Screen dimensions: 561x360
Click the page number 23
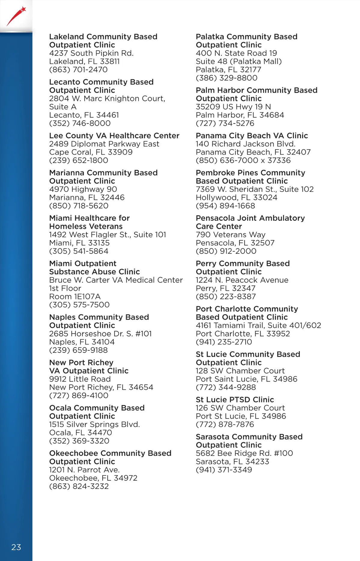[16, 547]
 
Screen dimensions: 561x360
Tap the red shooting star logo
[16, 16]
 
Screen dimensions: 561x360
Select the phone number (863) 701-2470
[78, 70]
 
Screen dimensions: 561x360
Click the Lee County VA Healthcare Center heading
[114, 136]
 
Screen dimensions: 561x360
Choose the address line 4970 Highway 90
[83, 189]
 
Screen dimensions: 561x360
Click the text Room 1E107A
[75, 296]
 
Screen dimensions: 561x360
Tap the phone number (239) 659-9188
[78, 350]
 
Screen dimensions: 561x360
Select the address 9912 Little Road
[80, 379]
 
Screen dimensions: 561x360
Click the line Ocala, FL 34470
[80, 433]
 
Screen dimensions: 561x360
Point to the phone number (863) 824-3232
[79, 486]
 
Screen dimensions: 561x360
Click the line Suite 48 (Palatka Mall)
[239, 61]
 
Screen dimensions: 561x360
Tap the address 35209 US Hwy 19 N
[233, 107]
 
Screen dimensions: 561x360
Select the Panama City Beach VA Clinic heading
[252, 136]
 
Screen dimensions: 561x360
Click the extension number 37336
[279, 160]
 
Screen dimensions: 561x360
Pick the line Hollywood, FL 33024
[236, 197]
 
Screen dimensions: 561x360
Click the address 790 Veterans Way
[230, 235]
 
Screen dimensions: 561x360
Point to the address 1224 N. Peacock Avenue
[242, 280]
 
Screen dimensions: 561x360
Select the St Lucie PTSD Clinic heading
[235, 400]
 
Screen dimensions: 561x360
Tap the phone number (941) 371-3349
[224, 470]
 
